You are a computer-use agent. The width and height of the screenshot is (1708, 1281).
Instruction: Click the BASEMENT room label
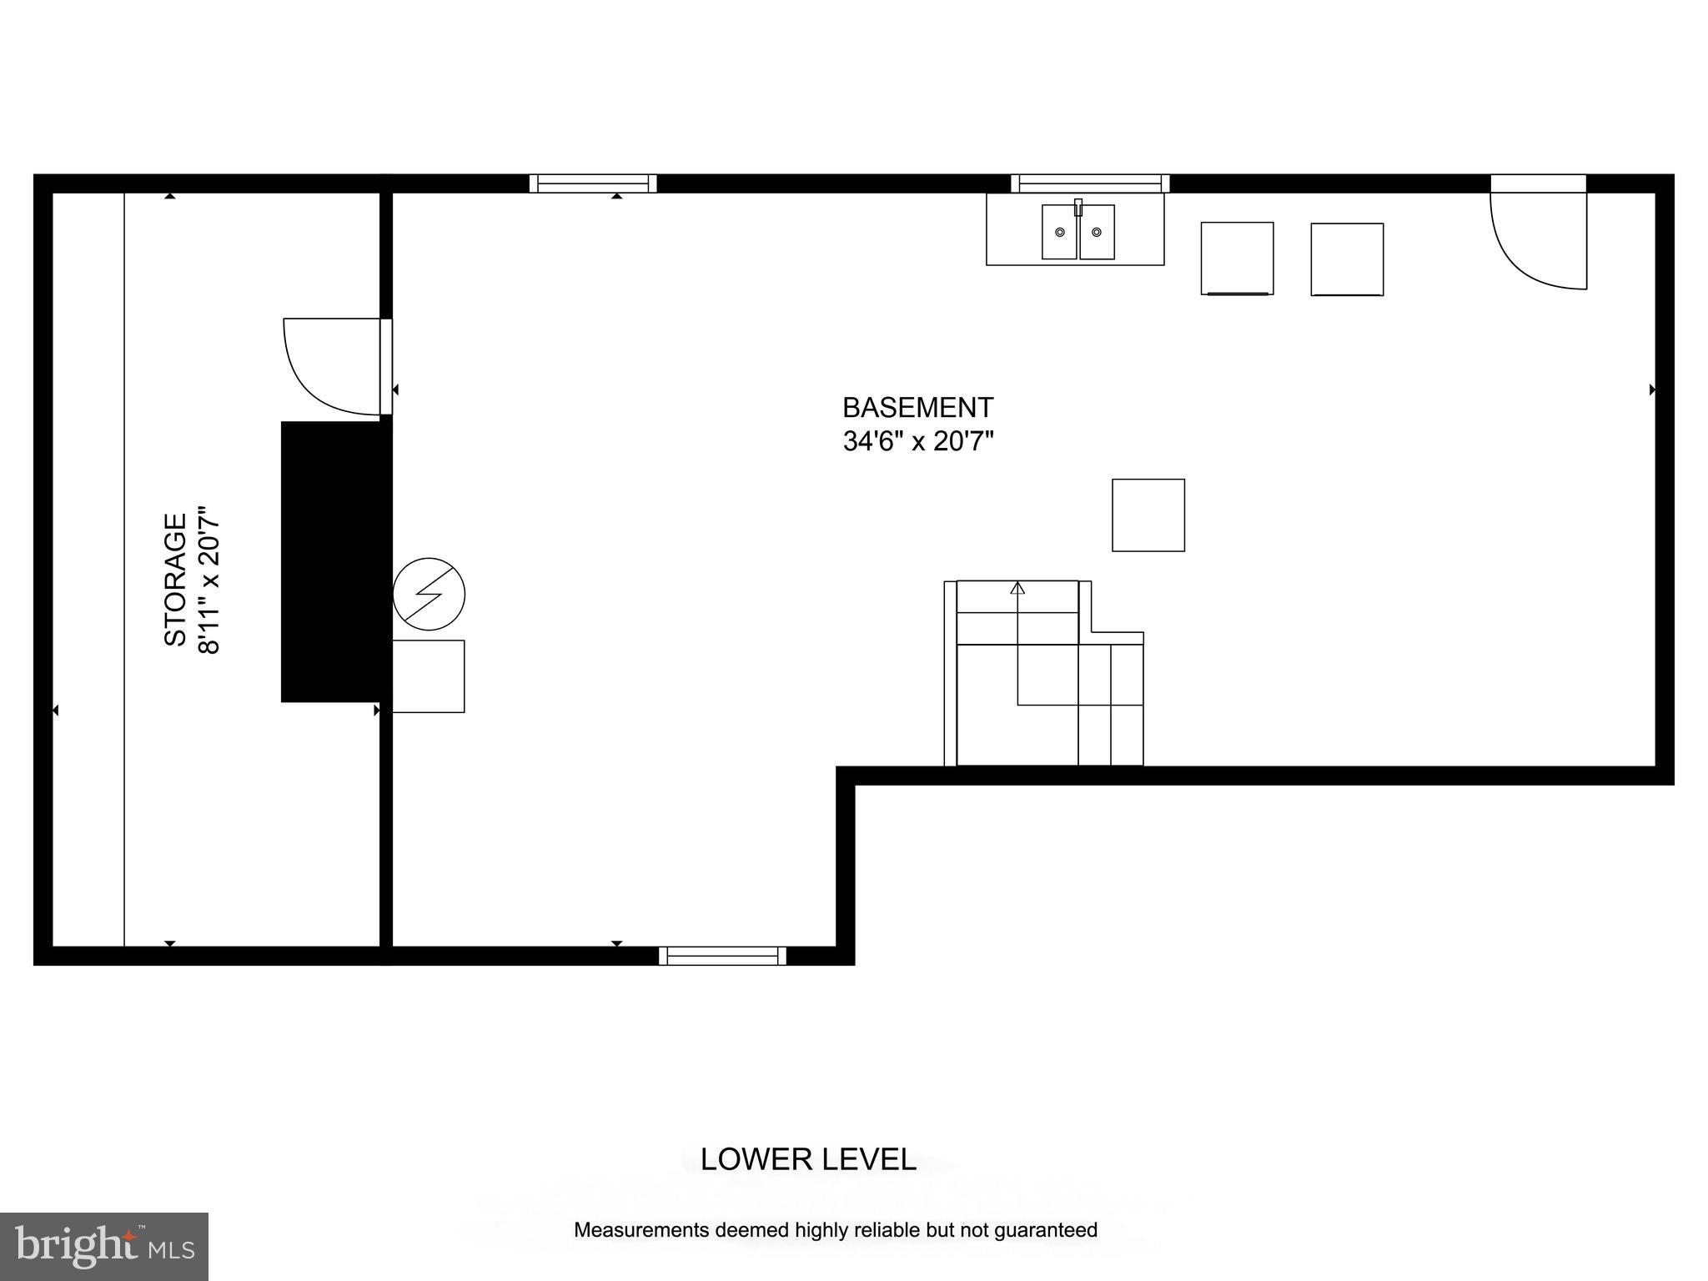pyautogui.click(x=917, y=408)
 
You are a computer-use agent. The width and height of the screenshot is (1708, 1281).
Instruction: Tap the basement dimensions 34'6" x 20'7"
pyautogui.click(x=918, y=441)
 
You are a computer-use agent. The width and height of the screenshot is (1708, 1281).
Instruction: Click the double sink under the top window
pyautogui.click(x=1078, y=232)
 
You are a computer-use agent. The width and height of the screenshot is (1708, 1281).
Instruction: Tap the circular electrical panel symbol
pyautogui.click(x=429, y=594)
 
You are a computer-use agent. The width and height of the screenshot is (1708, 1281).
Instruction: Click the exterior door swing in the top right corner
pyautogui.click(x=1539, y=242)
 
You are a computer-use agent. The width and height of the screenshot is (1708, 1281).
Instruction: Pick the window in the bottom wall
pyautogui.click(x=722, y=956)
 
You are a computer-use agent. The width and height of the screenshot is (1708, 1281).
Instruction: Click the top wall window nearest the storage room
pyautogui.click(x=593, y=183)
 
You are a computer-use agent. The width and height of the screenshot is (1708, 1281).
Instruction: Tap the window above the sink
pyautogui.click(x=1090, y=183)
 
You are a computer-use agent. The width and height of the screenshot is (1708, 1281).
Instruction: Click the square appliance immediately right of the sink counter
pyautogui.click(x=1237, y=259)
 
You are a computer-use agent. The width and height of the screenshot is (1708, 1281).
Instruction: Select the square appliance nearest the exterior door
pyautogui.click(x=1347, y=259)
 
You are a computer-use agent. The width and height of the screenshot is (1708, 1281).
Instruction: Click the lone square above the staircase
pyautogui.click(x=1148, y=515)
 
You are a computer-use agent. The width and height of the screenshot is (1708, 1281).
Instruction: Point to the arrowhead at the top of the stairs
pyautogui.click(x=1017, y=588)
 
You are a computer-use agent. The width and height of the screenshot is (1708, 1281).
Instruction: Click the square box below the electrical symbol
pyautogui.click(x=428, y=676)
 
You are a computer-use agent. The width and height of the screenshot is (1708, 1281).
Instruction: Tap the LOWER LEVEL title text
pyautogui.click(x=807, y=1159)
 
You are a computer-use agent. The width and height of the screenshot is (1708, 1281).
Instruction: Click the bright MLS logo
pyautogui.click(x=104, y=1246)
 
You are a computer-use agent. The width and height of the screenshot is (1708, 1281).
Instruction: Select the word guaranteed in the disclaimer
pyautogui.click(x=1047, y=1229)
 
